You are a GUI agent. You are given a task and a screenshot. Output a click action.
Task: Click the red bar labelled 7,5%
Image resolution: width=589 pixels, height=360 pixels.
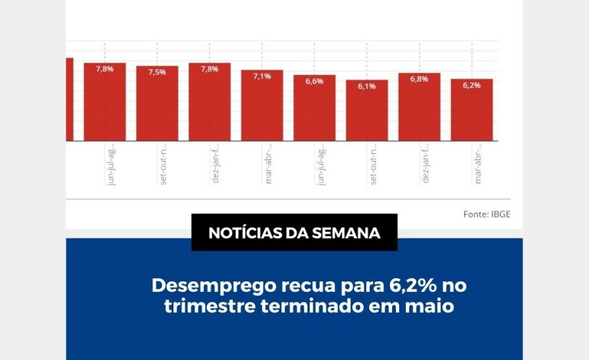(157, 105)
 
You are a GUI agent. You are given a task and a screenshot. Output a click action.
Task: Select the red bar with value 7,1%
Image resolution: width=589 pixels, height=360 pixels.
(262, 107)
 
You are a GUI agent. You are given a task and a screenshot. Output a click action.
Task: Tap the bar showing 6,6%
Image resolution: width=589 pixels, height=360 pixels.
(314, 109)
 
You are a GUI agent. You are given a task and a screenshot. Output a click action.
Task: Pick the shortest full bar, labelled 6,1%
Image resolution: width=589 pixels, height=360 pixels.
(367, 112)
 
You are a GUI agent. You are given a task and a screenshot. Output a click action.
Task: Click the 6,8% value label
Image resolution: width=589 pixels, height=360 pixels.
(419, 79)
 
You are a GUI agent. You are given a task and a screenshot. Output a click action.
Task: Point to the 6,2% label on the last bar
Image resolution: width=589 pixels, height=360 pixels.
(472, 85)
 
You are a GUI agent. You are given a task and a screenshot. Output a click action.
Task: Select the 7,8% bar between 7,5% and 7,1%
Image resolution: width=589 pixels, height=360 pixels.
(209, 103)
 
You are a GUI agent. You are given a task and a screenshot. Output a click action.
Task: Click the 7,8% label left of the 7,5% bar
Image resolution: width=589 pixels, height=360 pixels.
(105, 69)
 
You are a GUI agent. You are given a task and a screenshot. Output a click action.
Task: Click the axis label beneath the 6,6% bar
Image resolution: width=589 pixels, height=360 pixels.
(321, 168)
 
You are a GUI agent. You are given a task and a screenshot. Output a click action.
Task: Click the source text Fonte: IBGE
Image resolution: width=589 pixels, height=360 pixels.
(486, 214)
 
